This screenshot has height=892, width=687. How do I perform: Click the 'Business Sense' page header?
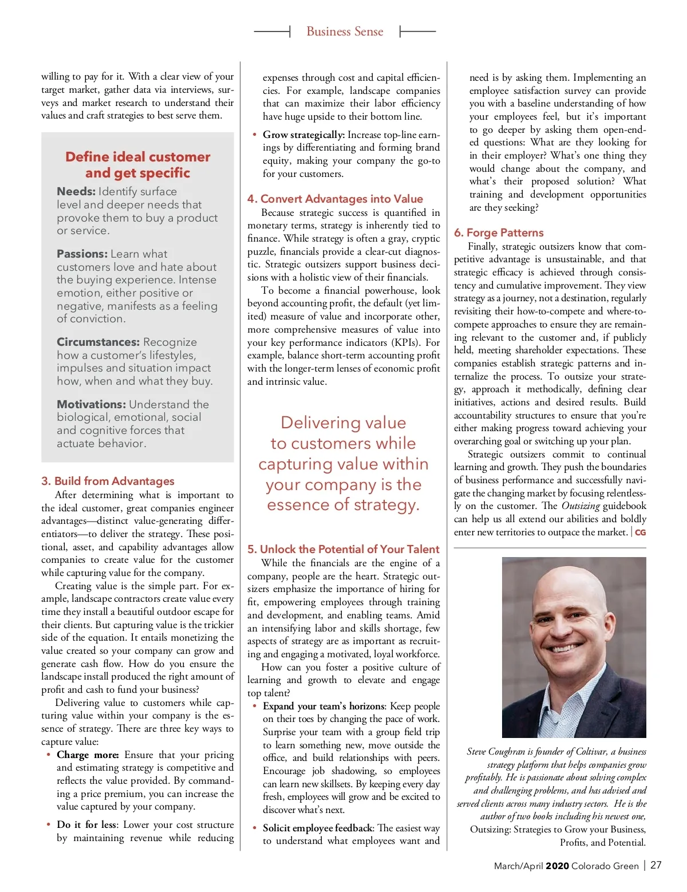coord(345,31)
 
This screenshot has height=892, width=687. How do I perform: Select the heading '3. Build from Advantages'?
coord(108,481)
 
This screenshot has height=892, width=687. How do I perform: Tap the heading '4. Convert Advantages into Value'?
coord(335,199)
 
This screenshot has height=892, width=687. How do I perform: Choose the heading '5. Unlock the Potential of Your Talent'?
coord(343,549)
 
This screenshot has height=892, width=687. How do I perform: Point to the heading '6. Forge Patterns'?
coord(499,232)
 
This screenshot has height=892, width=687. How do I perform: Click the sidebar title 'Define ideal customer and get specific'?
coord(137,165)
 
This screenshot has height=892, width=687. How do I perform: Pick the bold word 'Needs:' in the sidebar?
coord(76,191)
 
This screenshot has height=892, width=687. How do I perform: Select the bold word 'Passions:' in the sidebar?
coord(82,254)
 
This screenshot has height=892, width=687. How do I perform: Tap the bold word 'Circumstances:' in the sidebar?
coord(98,342)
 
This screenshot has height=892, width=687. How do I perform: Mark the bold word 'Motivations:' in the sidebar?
coord(91,404)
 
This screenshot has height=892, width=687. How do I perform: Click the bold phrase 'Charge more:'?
coord(88,755)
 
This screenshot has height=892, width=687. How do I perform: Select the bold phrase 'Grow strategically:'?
coord(303,135)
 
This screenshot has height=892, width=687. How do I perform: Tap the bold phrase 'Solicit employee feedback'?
coord(318,828)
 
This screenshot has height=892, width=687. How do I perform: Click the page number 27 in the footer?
coord(656,865)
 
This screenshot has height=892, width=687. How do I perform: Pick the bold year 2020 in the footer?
coord(557,866)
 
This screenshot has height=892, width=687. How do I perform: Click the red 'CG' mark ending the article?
coord(641,532)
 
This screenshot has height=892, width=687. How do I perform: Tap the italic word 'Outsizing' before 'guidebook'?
coord(581,506)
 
